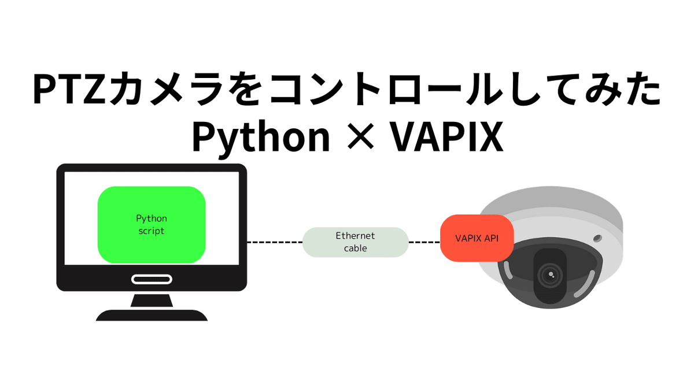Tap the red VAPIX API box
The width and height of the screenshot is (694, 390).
click(x=477, y=238)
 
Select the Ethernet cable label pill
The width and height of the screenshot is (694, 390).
click(x=355, y=242)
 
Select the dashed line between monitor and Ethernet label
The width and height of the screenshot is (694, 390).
click(x=275, y=242)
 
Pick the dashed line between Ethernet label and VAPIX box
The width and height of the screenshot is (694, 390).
click(x=424, y=242)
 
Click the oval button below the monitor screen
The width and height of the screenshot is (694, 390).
click(x=152, y=280)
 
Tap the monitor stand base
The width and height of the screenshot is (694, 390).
click(x=152, y=315)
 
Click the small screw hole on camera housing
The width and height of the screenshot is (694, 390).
click(x=597, y=237)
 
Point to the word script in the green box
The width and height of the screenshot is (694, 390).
click(x=152, y=231)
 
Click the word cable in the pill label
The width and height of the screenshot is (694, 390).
click(x=355, y=248)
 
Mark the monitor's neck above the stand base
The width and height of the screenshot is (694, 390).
click(x=152, y=300)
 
